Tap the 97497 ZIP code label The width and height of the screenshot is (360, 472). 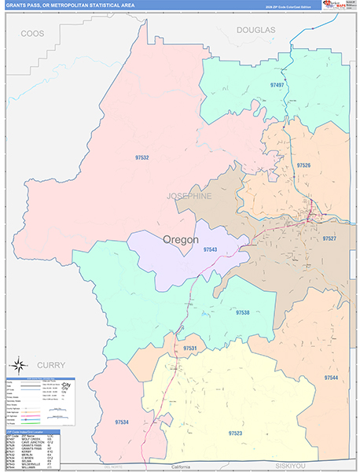point(277,83)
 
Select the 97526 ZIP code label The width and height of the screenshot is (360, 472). point(303,165)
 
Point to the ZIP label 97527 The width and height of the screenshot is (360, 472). point(329,238)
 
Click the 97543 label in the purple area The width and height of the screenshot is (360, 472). point(210,249)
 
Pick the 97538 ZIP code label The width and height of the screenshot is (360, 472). point(243,312)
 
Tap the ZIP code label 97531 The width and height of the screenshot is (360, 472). point(189,348)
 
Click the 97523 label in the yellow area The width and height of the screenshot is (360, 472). point(234,433)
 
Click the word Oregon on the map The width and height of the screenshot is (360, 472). point(181,239)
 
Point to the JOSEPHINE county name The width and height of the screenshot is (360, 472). point(189,196)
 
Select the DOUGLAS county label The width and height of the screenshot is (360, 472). point(255,29)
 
